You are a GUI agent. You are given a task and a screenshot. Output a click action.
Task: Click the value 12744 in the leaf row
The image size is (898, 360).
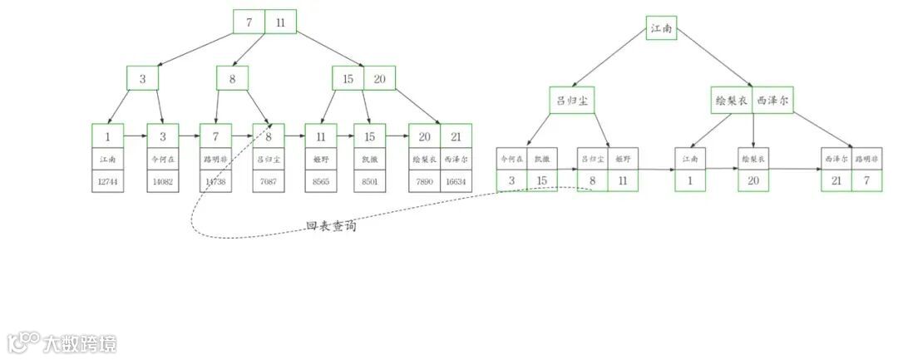pos(108,181)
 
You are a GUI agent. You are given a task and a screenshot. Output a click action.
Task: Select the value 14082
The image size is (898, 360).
pos(162,181)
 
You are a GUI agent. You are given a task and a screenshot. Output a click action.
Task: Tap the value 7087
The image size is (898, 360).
pos(269,181)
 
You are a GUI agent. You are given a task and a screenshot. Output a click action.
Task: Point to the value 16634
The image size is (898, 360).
pos(456,181)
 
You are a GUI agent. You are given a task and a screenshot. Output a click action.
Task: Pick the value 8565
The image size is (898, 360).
pos(320,181)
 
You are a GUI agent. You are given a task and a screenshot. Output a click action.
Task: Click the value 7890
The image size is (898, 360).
pos(424,181)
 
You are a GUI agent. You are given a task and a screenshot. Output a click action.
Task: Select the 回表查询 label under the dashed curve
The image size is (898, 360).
pos(331,225)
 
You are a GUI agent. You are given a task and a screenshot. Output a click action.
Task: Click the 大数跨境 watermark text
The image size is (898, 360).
pos(80,343)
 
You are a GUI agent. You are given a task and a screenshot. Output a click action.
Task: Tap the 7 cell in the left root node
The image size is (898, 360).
pos(249,22)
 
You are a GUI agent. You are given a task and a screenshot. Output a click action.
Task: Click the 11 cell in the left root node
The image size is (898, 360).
pos(280,22)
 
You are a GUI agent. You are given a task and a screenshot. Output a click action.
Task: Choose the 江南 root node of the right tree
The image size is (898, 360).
pos(662,30)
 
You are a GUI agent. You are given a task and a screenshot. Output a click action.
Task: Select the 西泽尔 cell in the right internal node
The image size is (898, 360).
pos(772,101)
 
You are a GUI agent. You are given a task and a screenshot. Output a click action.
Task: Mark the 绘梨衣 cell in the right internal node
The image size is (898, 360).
pos(732,101)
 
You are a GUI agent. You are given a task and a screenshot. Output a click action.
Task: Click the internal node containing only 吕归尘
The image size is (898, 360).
pos(572,101)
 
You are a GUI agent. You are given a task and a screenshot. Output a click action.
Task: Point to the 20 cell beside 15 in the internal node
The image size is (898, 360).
pos(379,79)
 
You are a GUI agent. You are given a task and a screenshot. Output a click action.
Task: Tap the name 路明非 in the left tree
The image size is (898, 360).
pos(215,158)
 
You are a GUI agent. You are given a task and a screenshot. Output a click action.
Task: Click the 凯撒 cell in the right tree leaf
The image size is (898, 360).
pos(541,158)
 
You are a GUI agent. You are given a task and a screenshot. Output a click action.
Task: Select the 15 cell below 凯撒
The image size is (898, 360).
pos(541,180)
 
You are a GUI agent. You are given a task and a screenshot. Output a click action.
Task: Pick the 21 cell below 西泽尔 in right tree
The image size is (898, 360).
pos(836,180)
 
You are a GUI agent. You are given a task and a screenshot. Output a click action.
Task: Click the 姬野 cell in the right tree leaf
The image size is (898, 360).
pos(623,158)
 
